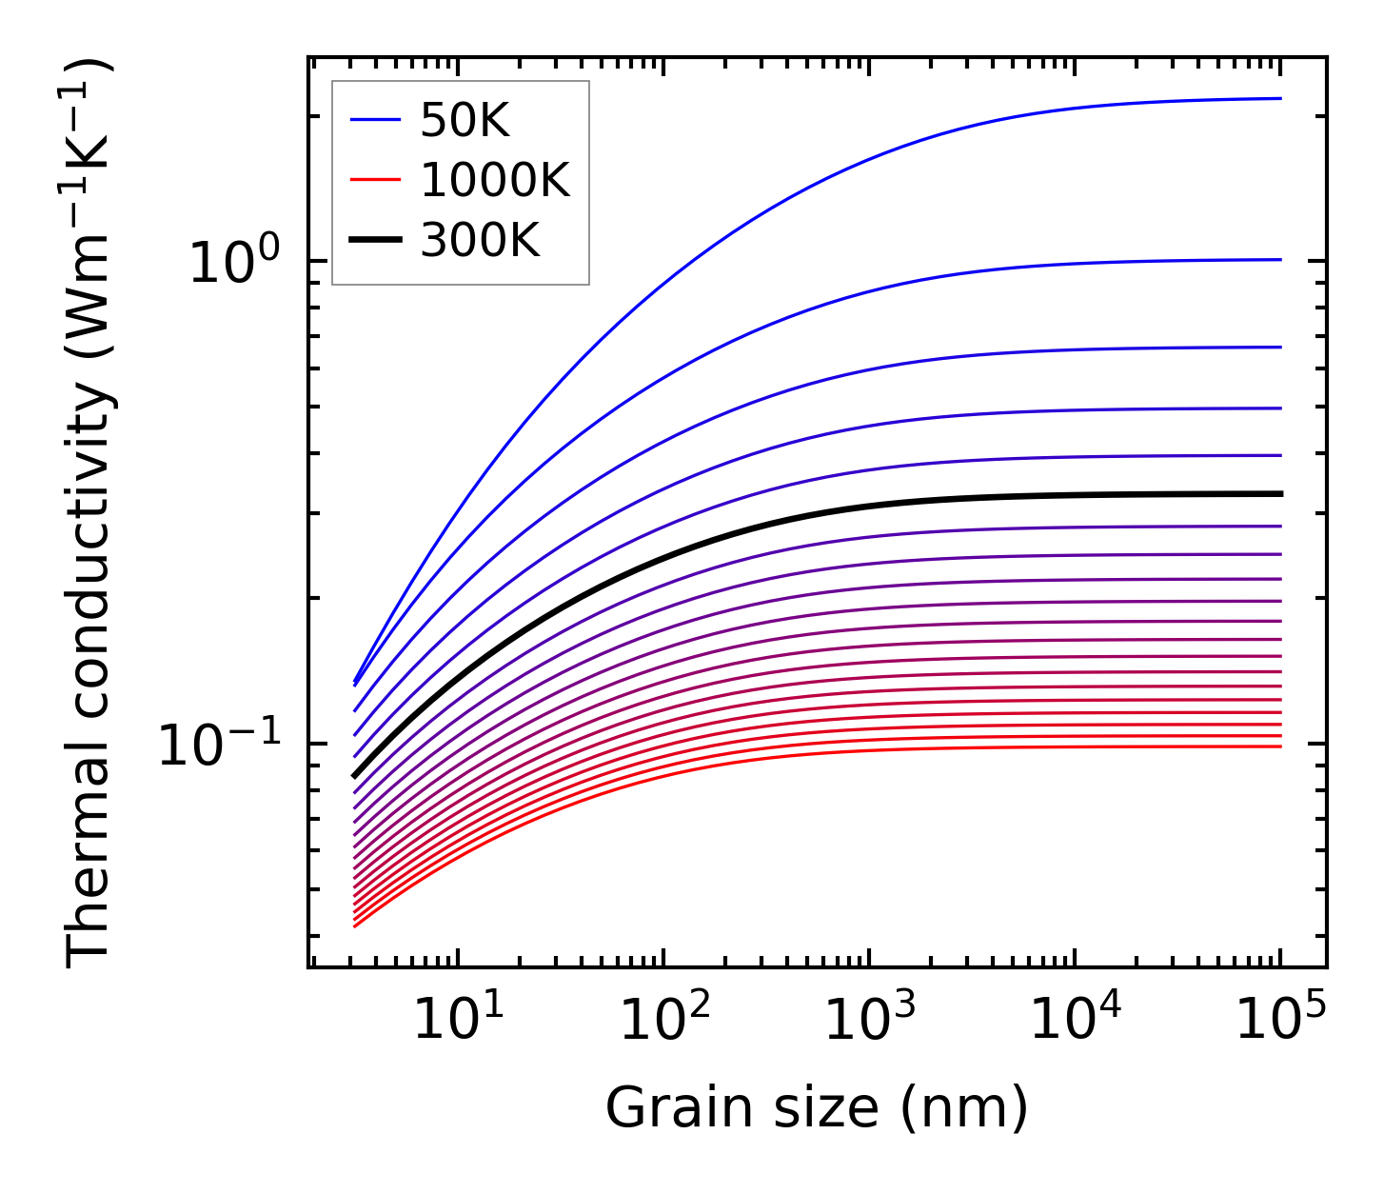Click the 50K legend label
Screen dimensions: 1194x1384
click(x=465, y=121)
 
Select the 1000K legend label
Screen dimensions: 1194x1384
click(x=494, y=180)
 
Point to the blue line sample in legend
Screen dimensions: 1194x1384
click(x=376, y=120)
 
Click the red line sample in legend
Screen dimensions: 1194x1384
click(x=376, y=180)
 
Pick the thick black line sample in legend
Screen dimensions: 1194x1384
click(x=376, y=240)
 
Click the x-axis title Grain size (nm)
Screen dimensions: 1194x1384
click(x=817, y=1108)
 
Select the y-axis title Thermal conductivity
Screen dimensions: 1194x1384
click(x=90, y=513)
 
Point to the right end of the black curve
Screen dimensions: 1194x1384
click(x=1279, y=493)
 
